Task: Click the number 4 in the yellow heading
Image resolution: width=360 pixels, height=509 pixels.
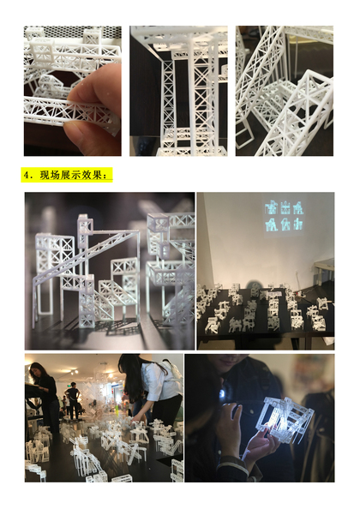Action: (x=27, y=175)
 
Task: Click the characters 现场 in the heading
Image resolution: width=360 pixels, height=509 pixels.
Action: (x=50, y=175)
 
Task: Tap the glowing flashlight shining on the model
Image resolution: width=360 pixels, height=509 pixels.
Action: (x=223, y=393)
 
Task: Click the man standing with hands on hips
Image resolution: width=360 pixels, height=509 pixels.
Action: (x=72, y=400)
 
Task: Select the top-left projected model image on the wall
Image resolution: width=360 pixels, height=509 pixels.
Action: (x=271, y=208)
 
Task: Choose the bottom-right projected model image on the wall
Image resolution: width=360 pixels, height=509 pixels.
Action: (x=298, y=224)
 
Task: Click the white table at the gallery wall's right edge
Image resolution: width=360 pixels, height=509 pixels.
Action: (x=324, y=269)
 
